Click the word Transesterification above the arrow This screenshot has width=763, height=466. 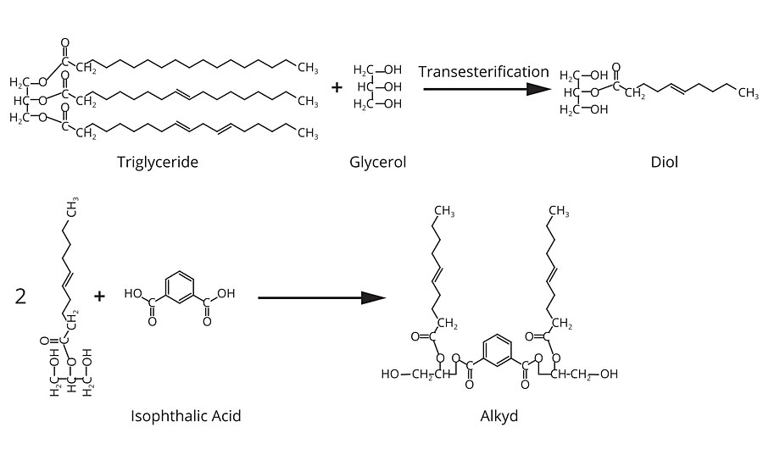click(483, 72)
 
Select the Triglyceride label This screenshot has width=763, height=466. click(158, 162)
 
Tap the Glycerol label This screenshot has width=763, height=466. click(377, 162)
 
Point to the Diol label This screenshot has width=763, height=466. click(666, 162)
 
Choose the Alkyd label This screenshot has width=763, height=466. click(498, 416)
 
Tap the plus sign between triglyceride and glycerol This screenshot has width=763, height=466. click(337, 86)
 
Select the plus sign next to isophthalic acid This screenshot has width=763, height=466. click(100, 296)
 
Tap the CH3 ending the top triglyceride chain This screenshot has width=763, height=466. click(307, 69)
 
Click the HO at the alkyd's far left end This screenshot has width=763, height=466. click(390, 374)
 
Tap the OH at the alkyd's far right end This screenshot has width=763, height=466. click(609, 374)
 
